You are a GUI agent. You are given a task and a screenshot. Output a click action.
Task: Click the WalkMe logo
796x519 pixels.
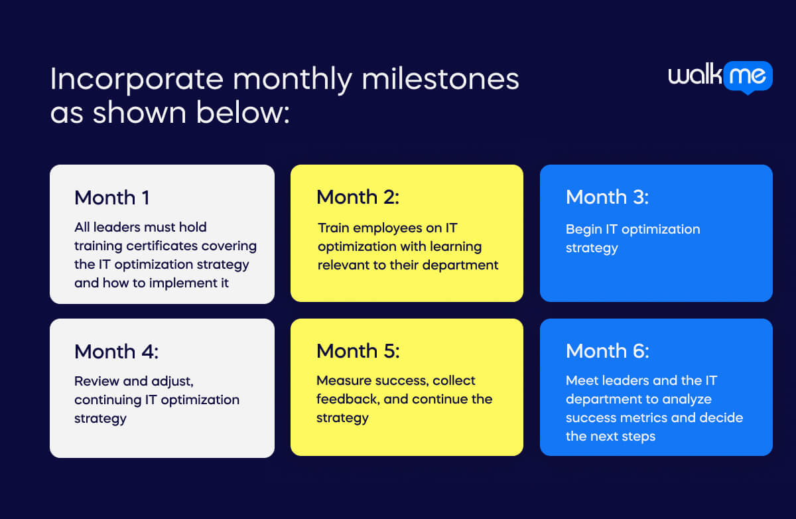pyautogui.click(x=720, y=76)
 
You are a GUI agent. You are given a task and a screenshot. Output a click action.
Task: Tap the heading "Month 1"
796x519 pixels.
pyautogui.click(x=111, y=198)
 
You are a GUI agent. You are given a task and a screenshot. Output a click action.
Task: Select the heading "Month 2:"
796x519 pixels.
pyautogui.click(x=358, y=197)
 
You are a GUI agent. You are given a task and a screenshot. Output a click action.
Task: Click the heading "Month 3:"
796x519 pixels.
pyautogui.click(x=607, y=197)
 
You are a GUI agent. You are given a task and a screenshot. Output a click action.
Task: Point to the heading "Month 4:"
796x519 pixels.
pyautogui.click(x=116, y=352)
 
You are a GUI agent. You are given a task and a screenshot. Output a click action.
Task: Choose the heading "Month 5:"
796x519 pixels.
pyautogui.click(x=358, y=351)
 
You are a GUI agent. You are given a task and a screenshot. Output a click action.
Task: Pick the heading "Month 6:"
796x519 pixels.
pyautogui.click(x=607, y=351)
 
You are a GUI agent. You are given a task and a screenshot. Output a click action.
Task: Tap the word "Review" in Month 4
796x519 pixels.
pyautogui.click(x=96, y=381)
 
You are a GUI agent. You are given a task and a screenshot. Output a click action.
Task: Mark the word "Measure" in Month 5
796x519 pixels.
pyautogui.click(x=343, y=381)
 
